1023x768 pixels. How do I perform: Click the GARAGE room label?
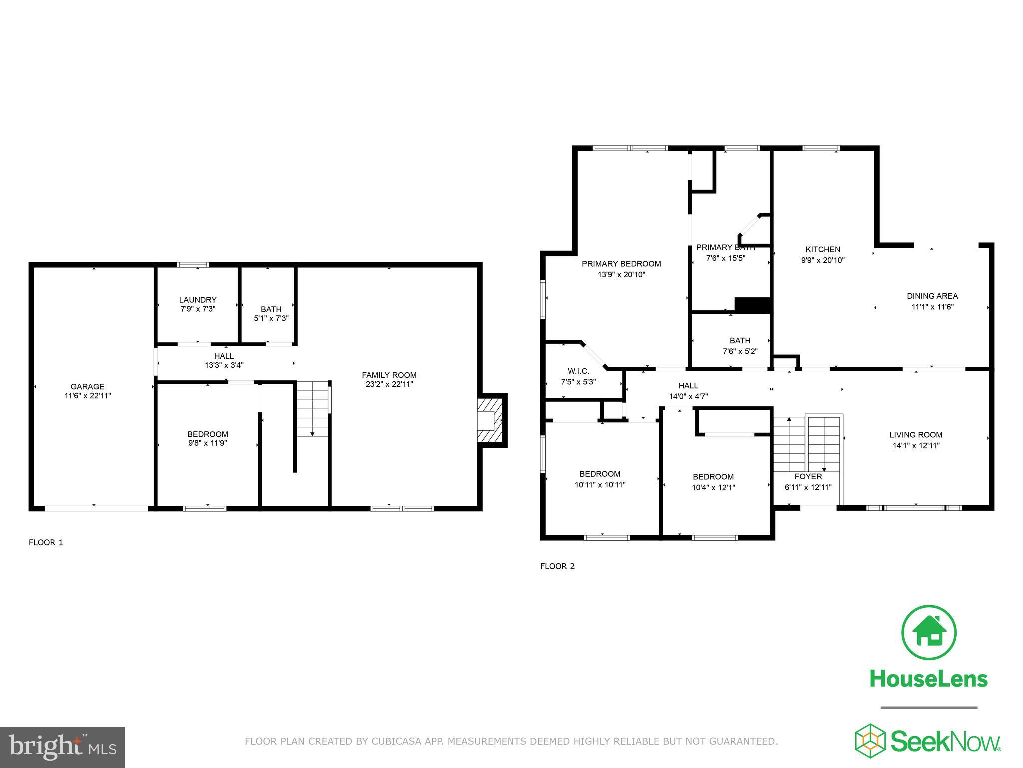(x=87, y=386)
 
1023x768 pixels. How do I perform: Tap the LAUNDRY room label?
(x=198, y=300)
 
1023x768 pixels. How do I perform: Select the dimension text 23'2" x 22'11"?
(x=389, y=384)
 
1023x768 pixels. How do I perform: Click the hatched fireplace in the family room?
(x=490, y=420)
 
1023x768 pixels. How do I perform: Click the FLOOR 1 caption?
(x=46, y=542)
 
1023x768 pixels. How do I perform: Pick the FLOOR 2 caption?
(x=557, y=566)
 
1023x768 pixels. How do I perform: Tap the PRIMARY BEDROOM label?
(x=621, y=264)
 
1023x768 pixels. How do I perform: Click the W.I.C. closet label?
(x=578, y=371)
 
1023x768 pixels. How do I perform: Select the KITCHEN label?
(x=823, y=249)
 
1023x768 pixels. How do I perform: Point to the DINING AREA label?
(x=932, y=296)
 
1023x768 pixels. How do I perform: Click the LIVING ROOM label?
(x=916, y=435)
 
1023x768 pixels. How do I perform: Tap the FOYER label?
(x=808, y=477)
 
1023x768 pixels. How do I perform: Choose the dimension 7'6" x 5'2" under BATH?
(x=740, y=351)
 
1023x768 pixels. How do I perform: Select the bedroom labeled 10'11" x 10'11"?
(x=600, y=479)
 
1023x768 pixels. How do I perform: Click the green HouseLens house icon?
(x=929, y=632)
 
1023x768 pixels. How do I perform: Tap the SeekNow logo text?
(x=945, y=741)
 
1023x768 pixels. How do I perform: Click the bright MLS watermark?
(x=62, y=747)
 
